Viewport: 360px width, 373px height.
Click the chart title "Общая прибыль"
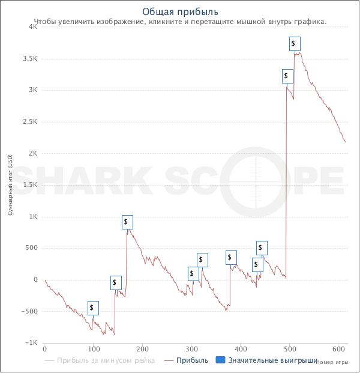click(180, 11)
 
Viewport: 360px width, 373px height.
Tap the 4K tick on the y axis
click(32, 27)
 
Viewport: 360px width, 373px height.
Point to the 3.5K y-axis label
click(29, 59)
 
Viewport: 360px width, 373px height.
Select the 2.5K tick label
click(29, 122)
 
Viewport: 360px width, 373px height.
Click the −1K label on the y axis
click(31, 343)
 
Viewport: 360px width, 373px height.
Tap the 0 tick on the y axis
click(35, 280)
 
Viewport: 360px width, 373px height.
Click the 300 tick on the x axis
click(191, 349)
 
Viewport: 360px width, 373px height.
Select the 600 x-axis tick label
click(338, 349)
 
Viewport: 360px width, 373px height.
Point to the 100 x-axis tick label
click(93, 349)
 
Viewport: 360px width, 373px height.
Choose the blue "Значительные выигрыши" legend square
click(220, 360)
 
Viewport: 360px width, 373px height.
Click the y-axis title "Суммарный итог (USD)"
click(10, 185)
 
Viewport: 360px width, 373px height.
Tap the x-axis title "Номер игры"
click(332, 362)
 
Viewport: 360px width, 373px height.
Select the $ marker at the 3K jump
click(287, 76)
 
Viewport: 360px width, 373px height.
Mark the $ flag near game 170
click(127, 222)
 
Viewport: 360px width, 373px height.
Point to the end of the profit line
click(346, 142)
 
